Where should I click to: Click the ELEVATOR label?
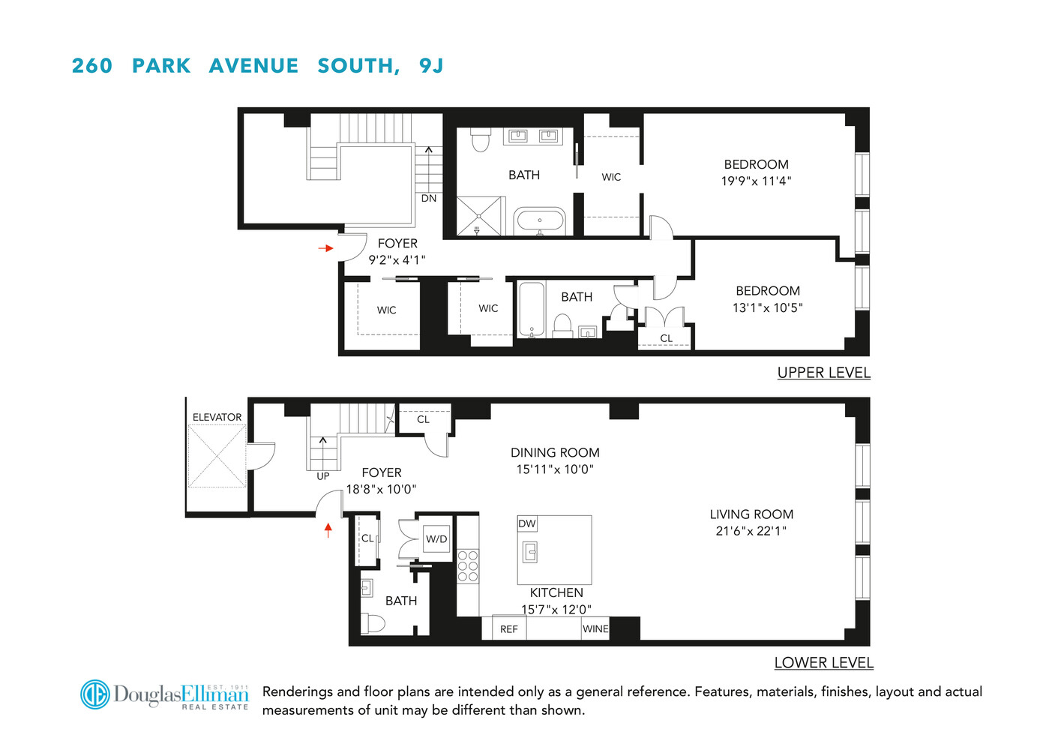(x=217, y=417)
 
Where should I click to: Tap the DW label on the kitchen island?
(x=527, y=523)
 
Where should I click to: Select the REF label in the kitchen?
(x=509, y=629)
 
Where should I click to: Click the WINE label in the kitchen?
(x=595, y=629)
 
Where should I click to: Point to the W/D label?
(x=436, y=539)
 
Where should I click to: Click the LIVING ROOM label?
(x=751, y=514)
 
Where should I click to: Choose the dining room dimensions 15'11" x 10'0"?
(x=555, y=469)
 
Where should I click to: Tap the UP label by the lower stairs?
(x=323, y=476)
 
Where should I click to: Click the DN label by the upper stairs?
(x=429, y=199)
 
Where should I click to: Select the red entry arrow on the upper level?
(x=325, y=248)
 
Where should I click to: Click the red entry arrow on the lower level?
(x=328, y=530)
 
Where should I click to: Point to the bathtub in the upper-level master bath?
(x=539, y=221)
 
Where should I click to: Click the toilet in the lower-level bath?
(x=373, y=623)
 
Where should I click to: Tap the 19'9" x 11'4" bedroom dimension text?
(x=756, y=181)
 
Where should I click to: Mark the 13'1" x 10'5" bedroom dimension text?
(x=767, y=307)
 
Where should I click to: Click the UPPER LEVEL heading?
(x=823, y=373)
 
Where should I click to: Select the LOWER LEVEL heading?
(x=823, y=663)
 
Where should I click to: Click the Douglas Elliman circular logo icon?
(x=95, y=694)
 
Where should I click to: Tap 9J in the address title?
(x=431, y=66)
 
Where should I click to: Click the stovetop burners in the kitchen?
(x=468, y=566)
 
